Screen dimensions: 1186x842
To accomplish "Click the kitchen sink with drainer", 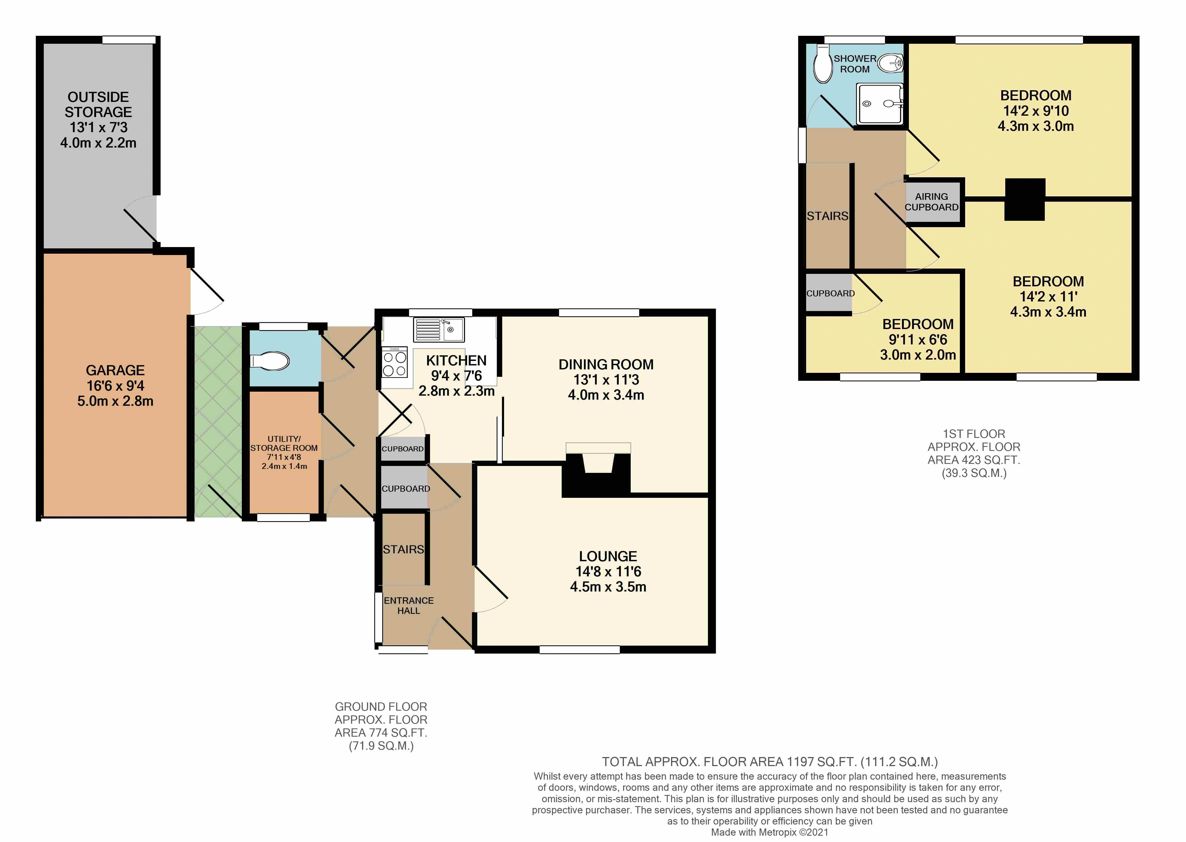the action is click(439, 330).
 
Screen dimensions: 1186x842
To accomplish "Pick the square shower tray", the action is click(880, 104).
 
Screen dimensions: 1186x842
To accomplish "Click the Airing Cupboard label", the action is click(931, 202).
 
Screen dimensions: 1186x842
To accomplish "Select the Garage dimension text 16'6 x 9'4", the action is click(115, 385).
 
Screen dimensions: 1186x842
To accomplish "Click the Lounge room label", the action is click(608, 556).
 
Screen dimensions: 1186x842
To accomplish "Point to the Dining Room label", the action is click(606, 365).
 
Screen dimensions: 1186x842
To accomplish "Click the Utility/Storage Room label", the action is click(284, 443).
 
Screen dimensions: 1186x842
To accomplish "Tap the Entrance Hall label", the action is click(409, 606).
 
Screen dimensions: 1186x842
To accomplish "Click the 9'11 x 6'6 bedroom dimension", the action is click(918, 340).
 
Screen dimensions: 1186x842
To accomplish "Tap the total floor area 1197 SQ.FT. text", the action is click(770, 762).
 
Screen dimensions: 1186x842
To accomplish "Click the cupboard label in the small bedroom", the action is click(830, 293).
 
